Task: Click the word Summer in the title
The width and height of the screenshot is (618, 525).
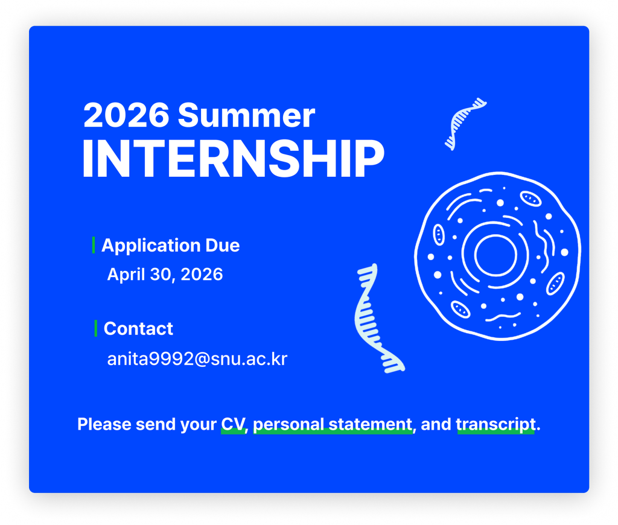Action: pos(246,115)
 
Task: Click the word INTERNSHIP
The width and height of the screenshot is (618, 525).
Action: pos(233,159)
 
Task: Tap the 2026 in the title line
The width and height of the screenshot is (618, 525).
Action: pos(126,115)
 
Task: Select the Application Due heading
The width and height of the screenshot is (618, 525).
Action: pos(170,246)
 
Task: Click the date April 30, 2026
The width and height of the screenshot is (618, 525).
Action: pos(165,275)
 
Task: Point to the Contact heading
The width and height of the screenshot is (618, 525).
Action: pos(138,329)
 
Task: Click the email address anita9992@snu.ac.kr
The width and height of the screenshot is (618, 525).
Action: pos(197,358)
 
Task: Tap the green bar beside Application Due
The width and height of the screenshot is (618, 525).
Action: pos(94,245)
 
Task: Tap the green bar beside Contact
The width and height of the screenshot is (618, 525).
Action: pos(96,328)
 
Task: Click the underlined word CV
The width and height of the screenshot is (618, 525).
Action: pos(234,424)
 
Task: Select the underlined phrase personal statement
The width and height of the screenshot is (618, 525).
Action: pos(333,425)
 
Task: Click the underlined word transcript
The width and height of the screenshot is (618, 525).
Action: pos(496,425)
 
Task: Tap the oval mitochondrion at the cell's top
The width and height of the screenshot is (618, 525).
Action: pos(530,199)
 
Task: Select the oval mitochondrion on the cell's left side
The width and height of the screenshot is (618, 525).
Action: pos(439,235)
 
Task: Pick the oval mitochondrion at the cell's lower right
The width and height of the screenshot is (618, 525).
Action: pos(555,284)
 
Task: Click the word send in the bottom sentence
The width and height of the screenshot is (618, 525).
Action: pos(154,424)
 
